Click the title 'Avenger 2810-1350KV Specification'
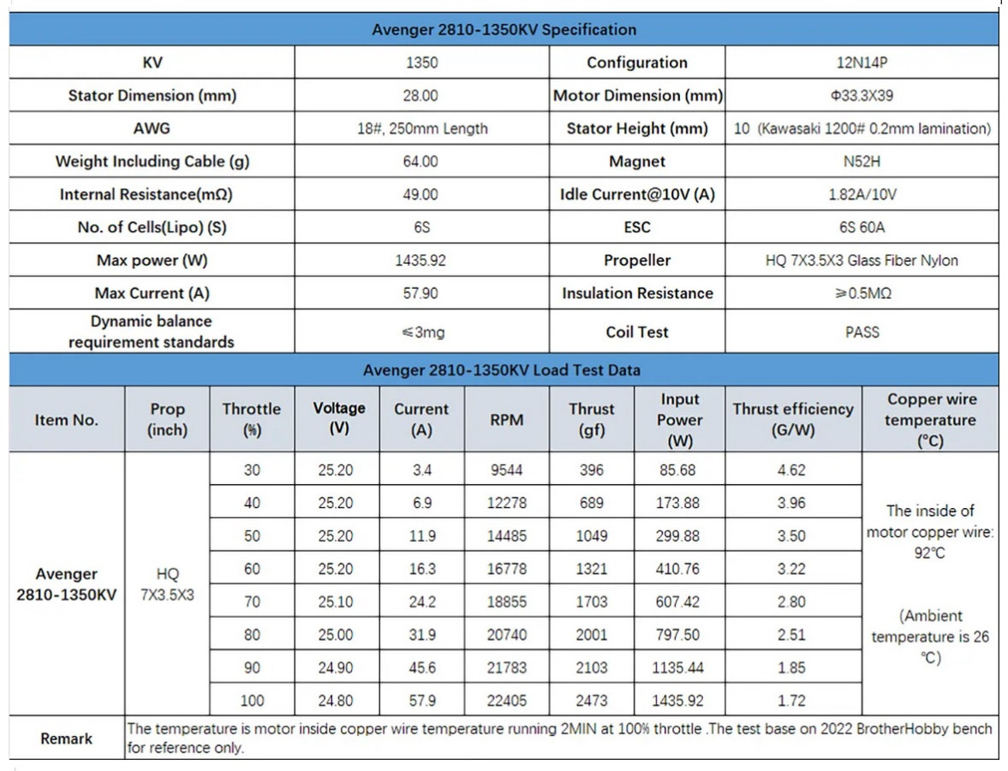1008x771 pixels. pyautogui.click(x=504, y=30)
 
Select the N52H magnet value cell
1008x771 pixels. pyautogui.click(x=862, y=161)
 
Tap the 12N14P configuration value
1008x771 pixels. pyautogui.click(x=862, y=63)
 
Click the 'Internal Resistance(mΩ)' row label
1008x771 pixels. pyautogui.click(x=146, y=194)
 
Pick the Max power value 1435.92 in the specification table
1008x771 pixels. pyautogui.click(x=420, y=260)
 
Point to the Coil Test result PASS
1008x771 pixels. pyautogui.click(x=862, y=332)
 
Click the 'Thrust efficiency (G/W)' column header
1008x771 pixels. pyautogui.click(x=792, y=420)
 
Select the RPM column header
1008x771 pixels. pyautogui.click(x=506, y=420)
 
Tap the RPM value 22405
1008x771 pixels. pyautogui.click(x=506, y=701)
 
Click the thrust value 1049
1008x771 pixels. pyautogui.click(x=591, y=536)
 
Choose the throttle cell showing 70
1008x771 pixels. pyautogui.click(x=252, y=602)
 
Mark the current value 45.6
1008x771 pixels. pyautogui.click(x=421, y=668)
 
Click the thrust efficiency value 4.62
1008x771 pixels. pyautogui.click(x=791, y=470)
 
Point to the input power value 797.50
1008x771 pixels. pyautogui.click(x=677, y=635)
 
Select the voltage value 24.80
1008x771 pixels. pyautogui.click(x=335, y=701)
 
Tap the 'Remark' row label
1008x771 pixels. pyautogui.click(x=66, y=738)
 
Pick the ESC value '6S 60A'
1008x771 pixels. pyautogui.click(x=862, y=227)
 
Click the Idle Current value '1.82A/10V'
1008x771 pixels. pyautogui.click(x=862, y=194)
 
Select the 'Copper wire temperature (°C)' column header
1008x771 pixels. pyautogui.click(x=930, y=420)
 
